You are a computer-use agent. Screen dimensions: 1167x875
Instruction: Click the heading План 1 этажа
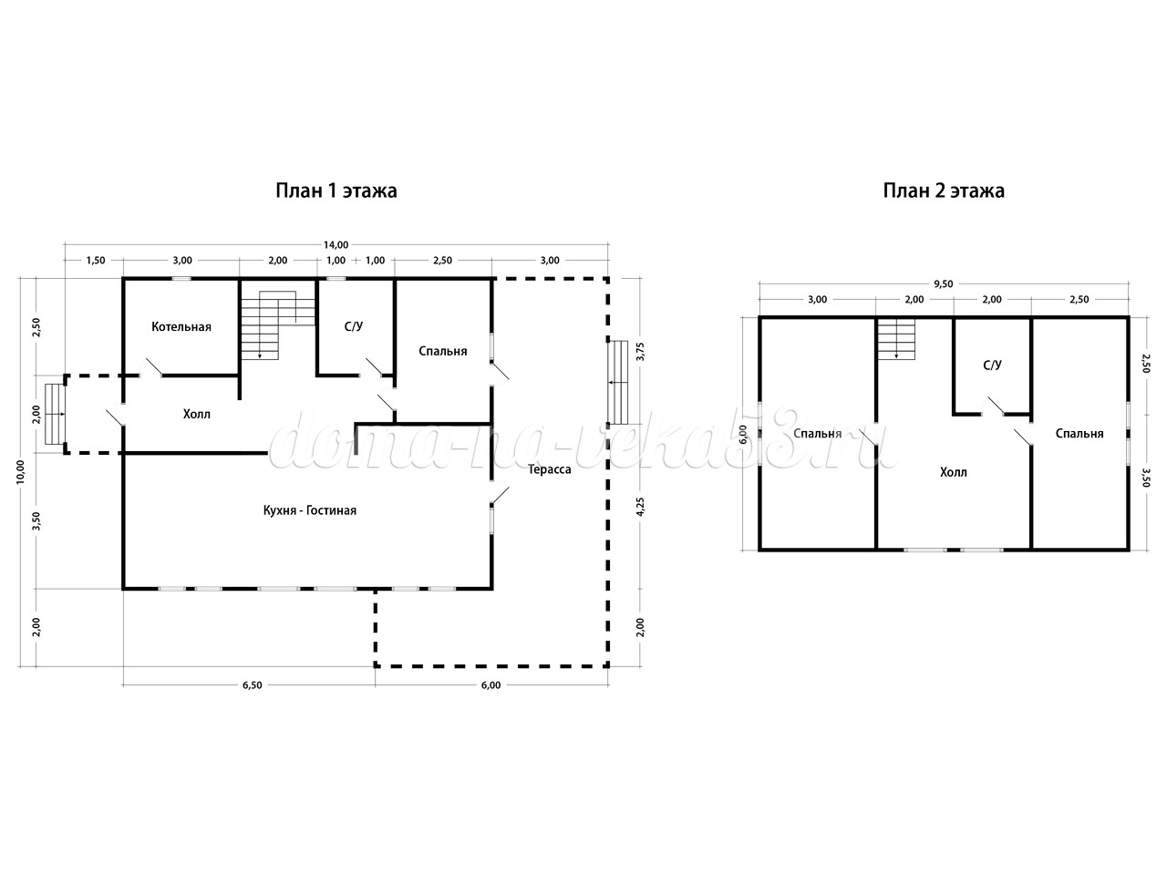[336, 190]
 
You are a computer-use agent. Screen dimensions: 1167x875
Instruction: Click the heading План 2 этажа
[944, 190]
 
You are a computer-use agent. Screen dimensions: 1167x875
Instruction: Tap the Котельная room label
[181, 326]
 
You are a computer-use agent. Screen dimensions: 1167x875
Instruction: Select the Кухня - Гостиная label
[310, 510]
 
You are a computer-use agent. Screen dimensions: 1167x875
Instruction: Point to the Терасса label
[550, 469]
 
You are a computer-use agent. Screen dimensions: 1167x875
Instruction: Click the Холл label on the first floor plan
[197, 414]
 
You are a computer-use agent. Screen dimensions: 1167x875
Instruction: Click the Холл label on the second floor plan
[954, 472]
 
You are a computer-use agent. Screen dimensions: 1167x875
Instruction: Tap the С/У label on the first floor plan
[354, 326]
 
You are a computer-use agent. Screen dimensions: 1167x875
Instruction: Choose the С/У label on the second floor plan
[992, 365]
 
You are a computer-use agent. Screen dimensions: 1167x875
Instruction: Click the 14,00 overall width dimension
[336, 245]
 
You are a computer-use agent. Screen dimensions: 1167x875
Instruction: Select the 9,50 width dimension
[944, 283]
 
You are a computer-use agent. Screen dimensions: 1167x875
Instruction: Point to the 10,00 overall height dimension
[21, 471]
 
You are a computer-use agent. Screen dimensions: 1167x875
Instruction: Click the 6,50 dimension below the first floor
[253, 685]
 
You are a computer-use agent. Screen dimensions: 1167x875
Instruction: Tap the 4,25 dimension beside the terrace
[640, 506]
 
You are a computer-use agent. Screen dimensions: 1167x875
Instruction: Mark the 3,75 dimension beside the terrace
[640, 351]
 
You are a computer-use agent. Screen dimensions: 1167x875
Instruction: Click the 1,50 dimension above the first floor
[96, 261]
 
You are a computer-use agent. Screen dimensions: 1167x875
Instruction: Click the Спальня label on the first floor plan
[443, 351]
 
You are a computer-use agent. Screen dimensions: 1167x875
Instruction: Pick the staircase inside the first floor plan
[277, 325]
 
